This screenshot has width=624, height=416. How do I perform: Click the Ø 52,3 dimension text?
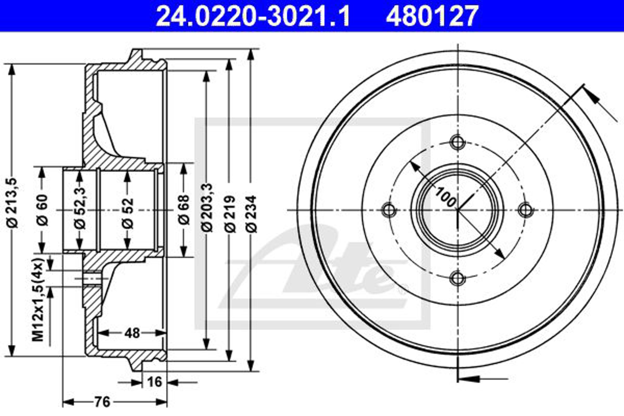click(80, 208)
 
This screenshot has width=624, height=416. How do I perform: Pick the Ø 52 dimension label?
click(128, 213)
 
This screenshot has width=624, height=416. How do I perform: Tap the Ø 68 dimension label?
click(184, 210)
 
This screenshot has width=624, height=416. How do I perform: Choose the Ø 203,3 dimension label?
click(207, 208)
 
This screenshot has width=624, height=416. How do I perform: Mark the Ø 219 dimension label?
click(230, 214)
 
